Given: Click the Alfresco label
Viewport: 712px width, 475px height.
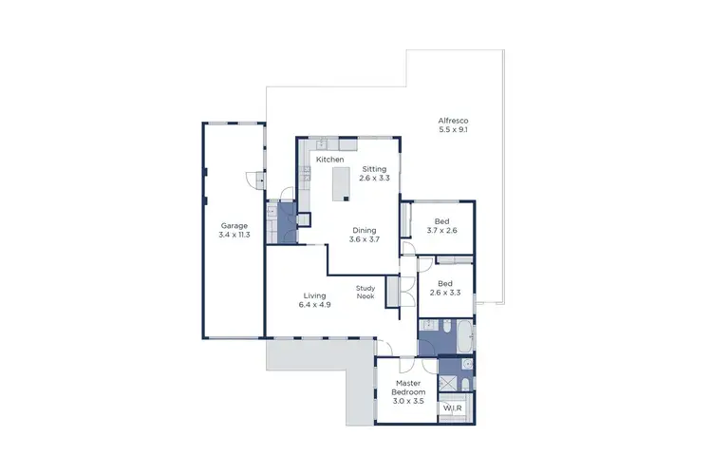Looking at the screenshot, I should (x=453, y=121).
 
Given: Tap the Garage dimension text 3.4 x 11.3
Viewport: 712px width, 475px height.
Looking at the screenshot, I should (x=234, y=234).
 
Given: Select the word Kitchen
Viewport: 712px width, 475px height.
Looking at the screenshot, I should (x=330, y=160).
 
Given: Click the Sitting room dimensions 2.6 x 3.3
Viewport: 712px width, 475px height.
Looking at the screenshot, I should (x=374, y=178).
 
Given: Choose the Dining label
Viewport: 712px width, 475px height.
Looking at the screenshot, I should (x=365, y=230).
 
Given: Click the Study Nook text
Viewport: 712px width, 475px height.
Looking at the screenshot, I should (x=365, y=292).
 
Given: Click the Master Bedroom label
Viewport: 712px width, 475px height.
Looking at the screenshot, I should (x=409, y=391).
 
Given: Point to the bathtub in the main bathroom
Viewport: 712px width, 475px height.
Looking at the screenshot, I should (x=465, y=337).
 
